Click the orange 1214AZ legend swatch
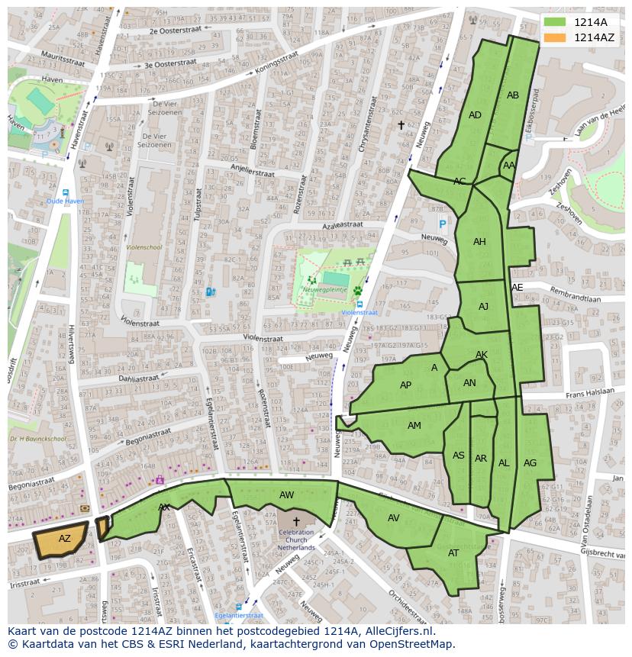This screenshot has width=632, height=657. point(555,37)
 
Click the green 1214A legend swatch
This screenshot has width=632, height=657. point(555,22)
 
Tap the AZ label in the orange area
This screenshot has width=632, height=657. point(65,539)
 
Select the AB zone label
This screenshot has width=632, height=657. point(513,95)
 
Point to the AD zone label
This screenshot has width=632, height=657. point(475,115)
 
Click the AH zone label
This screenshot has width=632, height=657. point(479,242)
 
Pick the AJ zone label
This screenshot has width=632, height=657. point(483,307)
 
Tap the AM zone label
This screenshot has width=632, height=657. point(414,426)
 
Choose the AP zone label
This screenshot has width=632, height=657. point(405,385)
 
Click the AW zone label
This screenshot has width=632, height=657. point(286,495)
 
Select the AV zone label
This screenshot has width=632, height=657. point(393,517)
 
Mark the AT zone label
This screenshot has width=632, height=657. point(453,553)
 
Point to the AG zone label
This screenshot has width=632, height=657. point(530,463)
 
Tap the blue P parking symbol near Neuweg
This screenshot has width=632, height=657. point(442,224)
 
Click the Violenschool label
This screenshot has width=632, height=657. point(143,247)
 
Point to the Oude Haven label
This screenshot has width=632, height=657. point(65,201)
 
